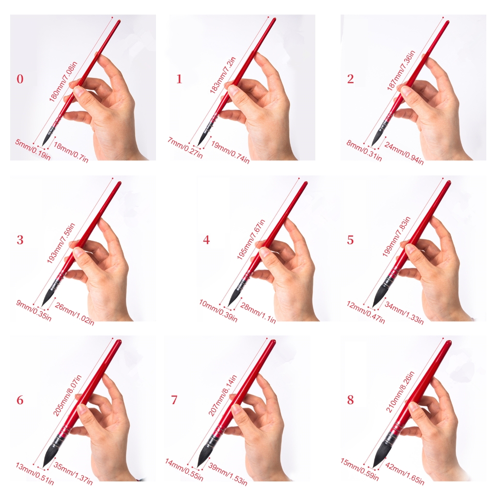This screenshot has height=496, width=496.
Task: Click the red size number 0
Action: (x=20, y=79)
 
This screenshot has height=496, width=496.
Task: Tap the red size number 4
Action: (x=206, y=240)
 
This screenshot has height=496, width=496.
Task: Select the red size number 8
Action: (x=350, y=400)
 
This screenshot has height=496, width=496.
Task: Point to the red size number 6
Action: (x=20, y=400)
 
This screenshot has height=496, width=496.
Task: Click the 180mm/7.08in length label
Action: (x=63, y=81)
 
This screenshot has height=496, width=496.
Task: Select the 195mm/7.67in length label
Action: (x=251, y=239)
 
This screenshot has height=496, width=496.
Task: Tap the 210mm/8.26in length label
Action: (x=400, y=391)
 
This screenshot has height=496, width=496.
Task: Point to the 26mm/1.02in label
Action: (x=74, y=314)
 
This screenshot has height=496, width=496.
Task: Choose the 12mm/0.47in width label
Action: (x=366, y=312)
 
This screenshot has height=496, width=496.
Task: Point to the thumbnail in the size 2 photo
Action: (x=406, y=91)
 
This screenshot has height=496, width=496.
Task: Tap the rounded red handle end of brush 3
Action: (x=119, y=183)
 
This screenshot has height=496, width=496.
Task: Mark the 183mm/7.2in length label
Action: (x=223, y=75)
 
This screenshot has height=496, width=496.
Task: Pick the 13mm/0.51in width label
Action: (x=35, y=474)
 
